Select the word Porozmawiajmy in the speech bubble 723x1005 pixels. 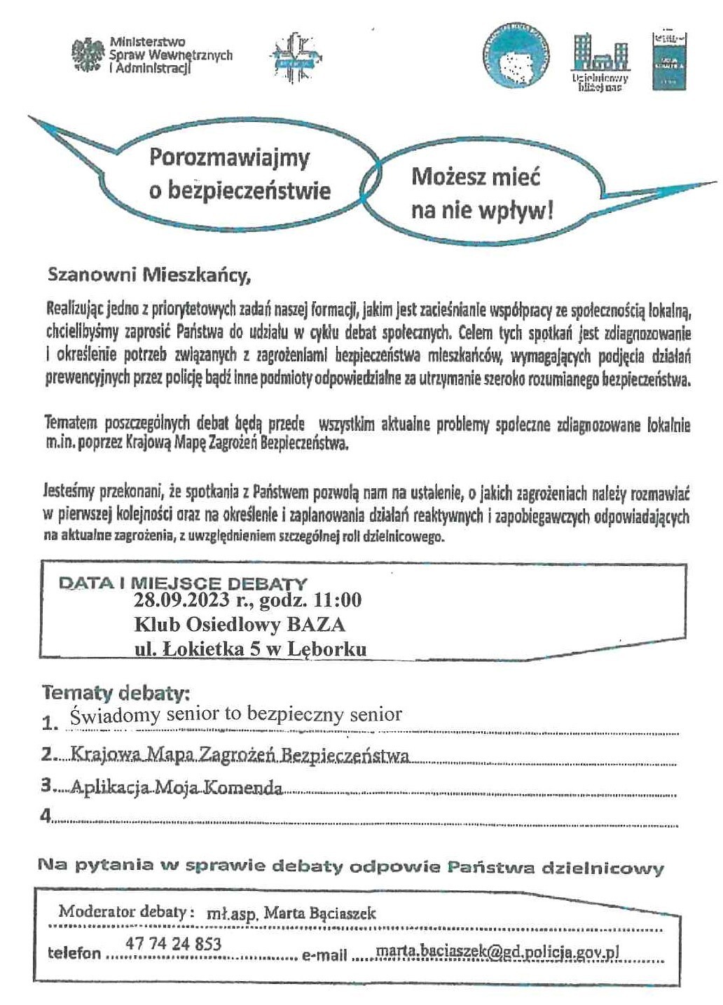[229, 158]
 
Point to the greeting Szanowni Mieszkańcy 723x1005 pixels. [149, 275]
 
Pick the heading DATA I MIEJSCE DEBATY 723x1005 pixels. [183, 583]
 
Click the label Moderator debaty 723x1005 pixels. [123, 912]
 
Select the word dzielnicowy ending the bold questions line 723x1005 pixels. [602, 868]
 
